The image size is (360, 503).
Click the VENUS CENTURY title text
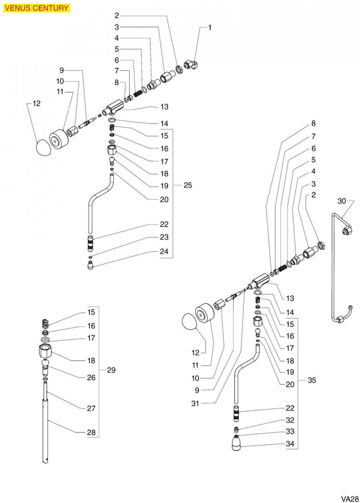pos(37,8)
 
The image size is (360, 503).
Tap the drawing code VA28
pos(350,499)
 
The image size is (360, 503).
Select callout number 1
pos(210,27)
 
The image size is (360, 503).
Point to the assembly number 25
pos(188,185)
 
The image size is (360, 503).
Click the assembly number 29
pos(111,370)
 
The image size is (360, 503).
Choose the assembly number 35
pos(312,380)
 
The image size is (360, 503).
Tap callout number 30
pos(342,201)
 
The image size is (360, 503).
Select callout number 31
pos(195,404)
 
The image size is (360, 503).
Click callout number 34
pos(290,444)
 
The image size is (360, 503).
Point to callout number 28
pos(91,433)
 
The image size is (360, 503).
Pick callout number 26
pos(91,378)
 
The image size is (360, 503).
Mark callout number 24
pos(164,251)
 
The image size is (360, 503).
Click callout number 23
pos(164,237)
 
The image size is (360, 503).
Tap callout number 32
pos(290,420)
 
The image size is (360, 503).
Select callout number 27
pos(91,408)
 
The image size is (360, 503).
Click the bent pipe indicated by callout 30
pos(333,268)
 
